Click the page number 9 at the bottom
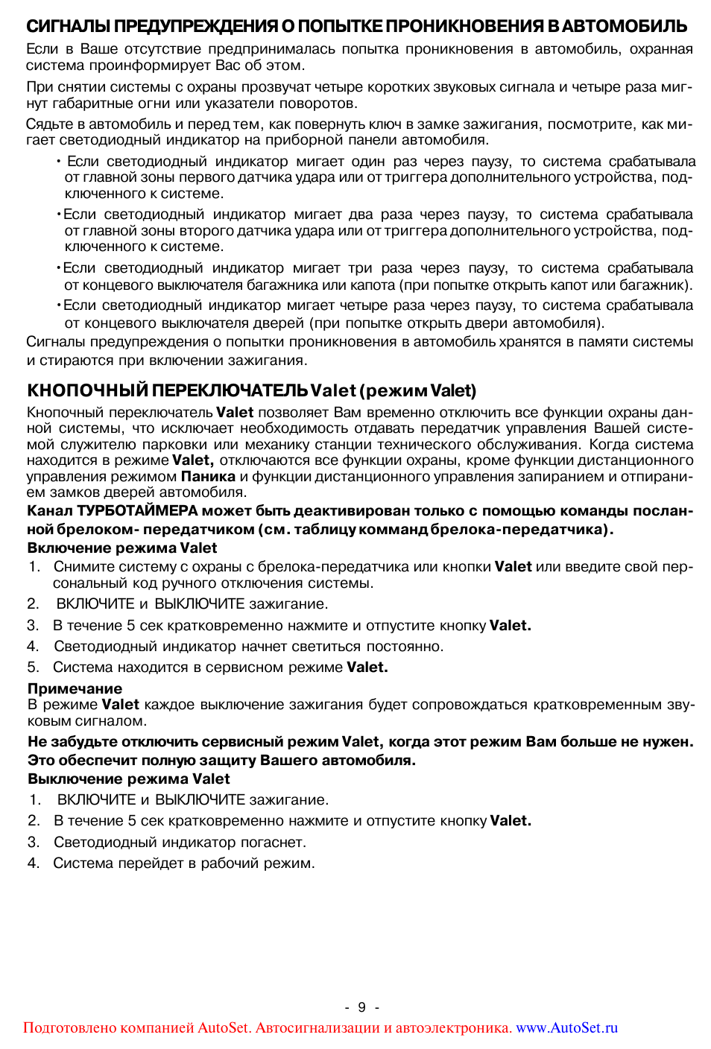tap(361, 1007)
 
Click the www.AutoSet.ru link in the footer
tap(566, 1028)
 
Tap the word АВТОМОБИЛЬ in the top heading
tap(625, 26)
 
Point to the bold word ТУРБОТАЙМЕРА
tap(137, 511)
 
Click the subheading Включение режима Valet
tap(122, 548)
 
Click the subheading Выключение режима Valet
tap(129, 779)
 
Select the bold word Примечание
tap(75, 688)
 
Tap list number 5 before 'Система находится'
tap(33, 668)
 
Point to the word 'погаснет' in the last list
tap(273, 843)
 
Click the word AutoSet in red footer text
tap(222, 1028)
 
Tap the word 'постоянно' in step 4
tap(405, 647)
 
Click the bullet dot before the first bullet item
tap(58, 162)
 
